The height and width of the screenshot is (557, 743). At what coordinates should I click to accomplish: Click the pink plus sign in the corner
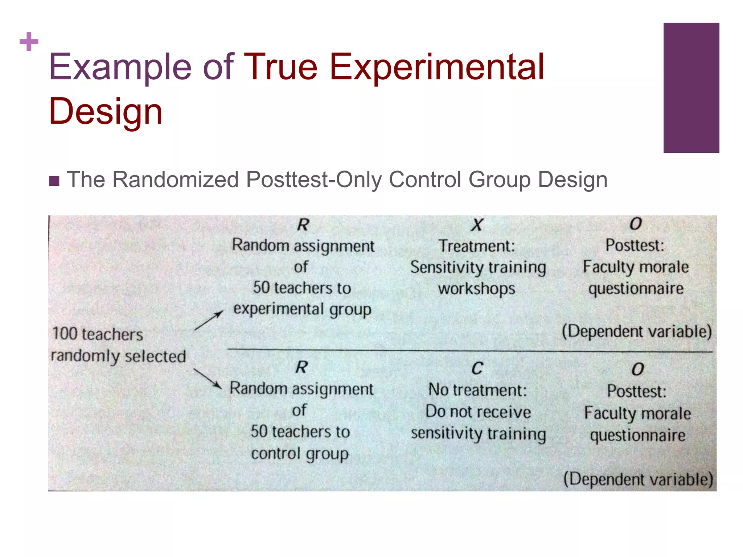pos(29,42)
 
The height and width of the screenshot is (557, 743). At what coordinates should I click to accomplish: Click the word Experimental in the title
pos(437,67)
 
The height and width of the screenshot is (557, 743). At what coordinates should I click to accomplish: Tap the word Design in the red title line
pos(106,111)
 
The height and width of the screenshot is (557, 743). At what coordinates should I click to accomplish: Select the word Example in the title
pos(120,67)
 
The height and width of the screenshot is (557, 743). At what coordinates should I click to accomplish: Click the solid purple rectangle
pos(691,88)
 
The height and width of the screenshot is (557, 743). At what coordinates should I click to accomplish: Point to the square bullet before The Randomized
pos(54,181)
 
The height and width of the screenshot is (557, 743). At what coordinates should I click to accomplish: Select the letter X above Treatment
pos(477,225)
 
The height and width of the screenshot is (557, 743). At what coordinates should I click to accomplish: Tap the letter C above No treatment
pos(477,368)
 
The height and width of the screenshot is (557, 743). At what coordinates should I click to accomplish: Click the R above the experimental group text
pos(303,225)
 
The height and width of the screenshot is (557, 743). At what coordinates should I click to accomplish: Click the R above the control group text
pos(301,367)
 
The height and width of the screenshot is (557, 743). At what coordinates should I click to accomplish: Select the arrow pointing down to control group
pos(208,379)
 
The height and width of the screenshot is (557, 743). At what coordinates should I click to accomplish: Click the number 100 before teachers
pos(65,334)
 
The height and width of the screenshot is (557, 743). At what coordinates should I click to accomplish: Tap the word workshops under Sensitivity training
pos(476,289)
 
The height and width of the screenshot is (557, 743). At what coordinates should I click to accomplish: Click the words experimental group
pos(302,309)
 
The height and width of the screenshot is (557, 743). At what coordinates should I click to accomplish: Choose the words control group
pos(300,454)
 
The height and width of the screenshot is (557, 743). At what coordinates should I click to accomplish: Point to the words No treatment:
pos(477,390)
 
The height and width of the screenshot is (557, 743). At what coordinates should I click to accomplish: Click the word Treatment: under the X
pos(477,246)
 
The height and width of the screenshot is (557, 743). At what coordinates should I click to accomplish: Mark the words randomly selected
pos(118,356)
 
